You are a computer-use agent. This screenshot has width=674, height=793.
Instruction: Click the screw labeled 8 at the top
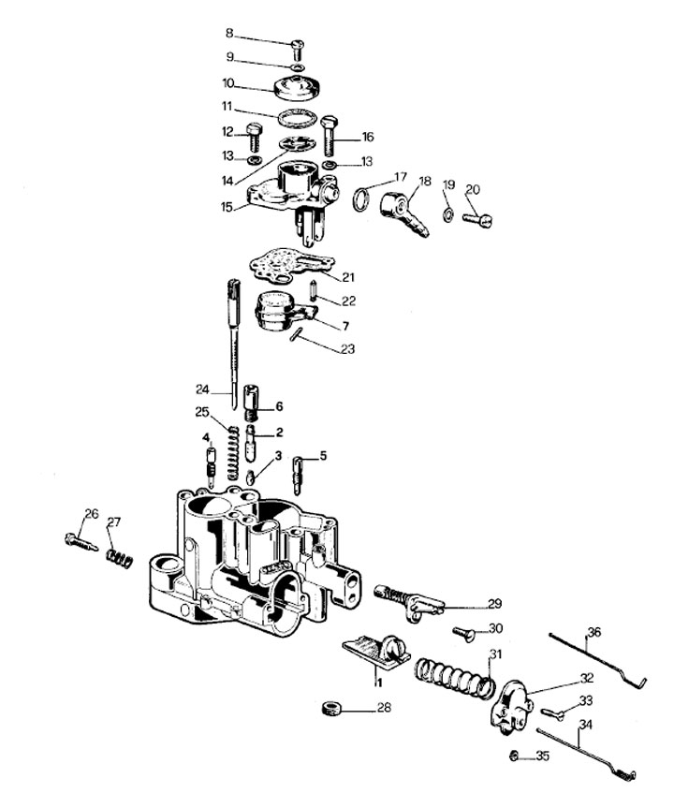click(297, 50)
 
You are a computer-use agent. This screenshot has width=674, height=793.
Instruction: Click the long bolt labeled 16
click(329, 135)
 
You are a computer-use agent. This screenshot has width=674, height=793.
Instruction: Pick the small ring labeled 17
click(361, 199)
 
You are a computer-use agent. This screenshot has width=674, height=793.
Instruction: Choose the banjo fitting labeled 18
click(403, 213)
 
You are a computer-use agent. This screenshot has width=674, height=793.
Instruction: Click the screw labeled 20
click(477, 219)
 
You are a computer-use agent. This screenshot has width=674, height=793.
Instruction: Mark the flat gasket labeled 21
click(291, 265)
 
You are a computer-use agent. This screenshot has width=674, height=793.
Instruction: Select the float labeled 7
click(281, 310)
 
